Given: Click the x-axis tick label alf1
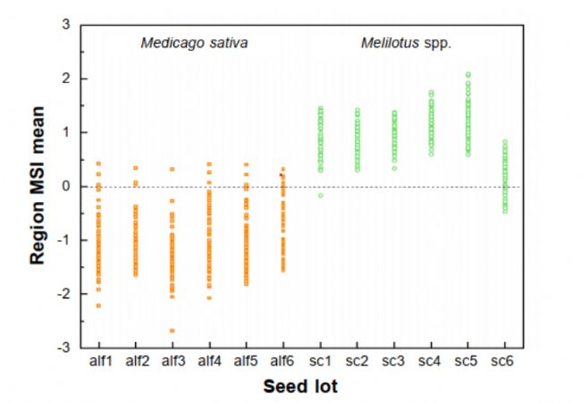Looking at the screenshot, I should pyautogui.click(x=99, y=362).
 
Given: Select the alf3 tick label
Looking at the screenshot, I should pyautogui.click(x=173, y=362).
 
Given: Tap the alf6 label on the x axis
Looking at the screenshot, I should pyautogui.click(x=282, y=362).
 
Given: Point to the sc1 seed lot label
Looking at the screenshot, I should pyautogui.click(x=320, y=362).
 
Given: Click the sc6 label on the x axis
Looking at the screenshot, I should pyautogui.click(x=504, y=362).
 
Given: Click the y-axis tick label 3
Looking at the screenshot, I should pyautogui.click(x=64, y=25).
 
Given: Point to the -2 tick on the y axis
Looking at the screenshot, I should pyautogui.click(x=61, y=294).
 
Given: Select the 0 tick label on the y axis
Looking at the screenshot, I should pyautogui.click(x=64, y=187).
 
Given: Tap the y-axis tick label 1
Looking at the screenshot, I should pyautogui.click(x=64, y=132).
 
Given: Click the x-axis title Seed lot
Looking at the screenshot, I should pyautogui.click(x=300, y=387).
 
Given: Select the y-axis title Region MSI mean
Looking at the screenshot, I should pyautogui.click(x=38, y=187).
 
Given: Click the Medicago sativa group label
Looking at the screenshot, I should pyautogui.click(x=194, y=42).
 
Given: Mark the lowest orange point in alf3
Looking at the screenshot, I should pyautogui.click(x=173, y=331).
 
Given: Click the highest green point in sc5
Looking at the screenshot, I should pyautogui.click(x=467, y=74).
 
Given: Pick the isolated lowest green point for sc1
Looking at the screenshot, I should pyautogui.click(x=320, y=195).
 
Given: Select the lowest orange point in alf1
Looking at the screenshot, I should pyautogui.click(x=99, y=306).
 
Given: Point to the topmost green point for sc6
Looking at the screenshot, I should pyautogui.click(x=504, y=141).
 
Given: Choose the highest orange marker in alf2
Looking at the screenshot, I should pyautogui.click(x=136, y=168).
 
